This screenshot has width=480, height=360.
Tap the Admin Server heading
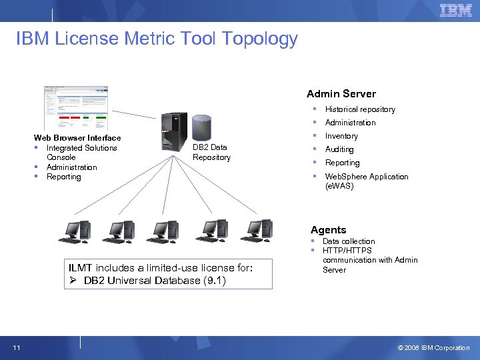coord(341,94)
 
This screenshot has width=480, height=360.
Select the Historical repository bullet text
coord(360,109)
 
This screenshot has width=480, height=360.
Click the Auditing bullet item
coord(339,149)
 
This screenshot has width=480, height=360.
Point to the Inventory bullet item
coord(341,136)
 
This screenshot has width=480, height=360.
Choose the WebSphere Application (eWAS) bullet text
coord(366,181)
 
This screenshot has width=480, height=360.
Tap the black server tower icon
coord(173,131)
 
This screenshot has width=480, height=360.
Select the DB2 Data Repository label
coord(211,153)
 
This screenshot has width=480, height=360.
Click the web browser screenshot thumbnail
coord(75,107)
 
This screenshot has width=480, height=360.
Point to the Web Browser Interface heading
coord(77,138)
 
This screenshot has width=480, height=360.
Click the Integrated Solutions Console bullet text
coord(81,152)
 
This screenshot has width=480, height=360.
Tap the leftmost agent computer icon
coord(74,231)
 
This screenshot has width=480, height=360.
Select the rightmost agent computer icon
coord(257,231)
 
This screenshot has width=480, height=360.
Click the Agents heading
coord(328,230)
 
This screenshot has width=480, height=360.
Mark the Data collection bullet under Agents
coord(349,241)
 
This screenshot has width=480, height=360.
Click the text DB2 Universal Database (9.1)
coord(155,280)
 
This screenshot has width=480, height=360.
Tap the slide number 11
coord(15,347)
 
